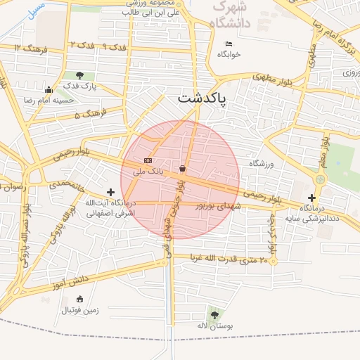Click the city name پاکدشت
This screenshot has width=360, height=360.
click(x=202, y=99)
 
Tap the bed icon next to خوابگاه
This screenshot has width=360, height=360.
click(x=229, y=44)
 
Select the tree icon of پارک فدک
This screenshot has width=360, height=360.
click(x=79, y=75)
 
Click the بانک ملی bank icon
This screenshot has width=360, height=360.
click(x=148, y=161)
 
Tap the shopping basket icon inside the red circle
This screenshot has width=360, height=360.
click(x=183, y=168)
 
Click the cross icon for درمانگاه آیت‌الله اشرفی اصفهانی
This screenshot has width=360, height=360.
click(x=110, y=191)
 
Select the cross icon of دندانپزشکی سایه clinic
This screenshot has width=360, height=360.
click(x=311, y=198)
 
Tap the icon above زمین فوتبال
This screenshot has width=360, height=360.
click(x=79, y=299)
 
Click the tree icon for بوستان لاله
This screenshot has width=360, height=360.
click(x=214, y=315)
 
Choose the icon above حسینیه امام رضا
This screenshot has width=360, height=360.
click(x=48, y=89)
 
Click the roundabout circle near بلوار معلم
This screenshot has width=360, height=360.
click(x=321, y=180)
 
